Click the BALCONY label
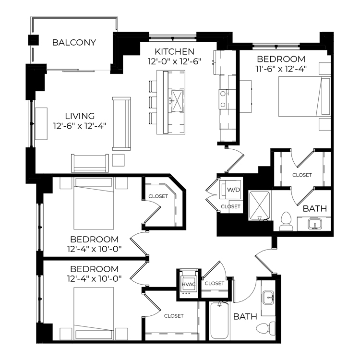coord(74,42)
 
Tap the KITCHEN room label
coord(175,52)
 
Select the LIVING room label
coord(80,116)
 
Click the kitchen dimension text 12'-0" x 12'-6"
coord(175,61)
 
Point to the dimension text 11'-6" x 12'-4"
coord(281,69)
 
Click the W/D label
coord(233,190)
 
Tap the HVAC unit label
coord(189,285)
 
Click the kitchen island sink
coord(177,101)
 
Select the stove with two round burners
coord(223,99)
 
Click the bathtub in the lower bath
coord(219,320)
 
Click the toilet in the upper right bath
coord(286,221)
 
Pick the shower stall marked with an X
coord(260,205)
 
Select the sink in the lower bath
coord(268,297)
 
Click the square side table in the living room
coord(119,160)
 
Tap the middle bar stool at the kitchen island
coord(153,102)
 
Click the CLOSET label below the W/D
coord(230,206)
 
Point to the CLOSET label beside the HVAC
coord(215,284)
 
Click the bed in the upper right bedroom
coord(304,96)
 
